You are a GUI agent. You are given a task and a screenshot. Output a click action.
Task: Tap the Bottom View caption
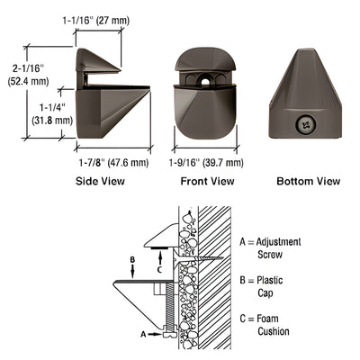308,181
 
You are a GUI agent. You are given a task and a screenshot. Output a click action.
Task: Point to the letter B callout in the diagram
132,262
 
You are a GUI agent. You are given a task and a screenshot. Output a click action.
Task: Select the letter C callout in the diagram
158,268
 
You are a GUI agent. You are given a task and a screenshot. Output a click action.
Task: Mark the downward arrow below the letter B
132,273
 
